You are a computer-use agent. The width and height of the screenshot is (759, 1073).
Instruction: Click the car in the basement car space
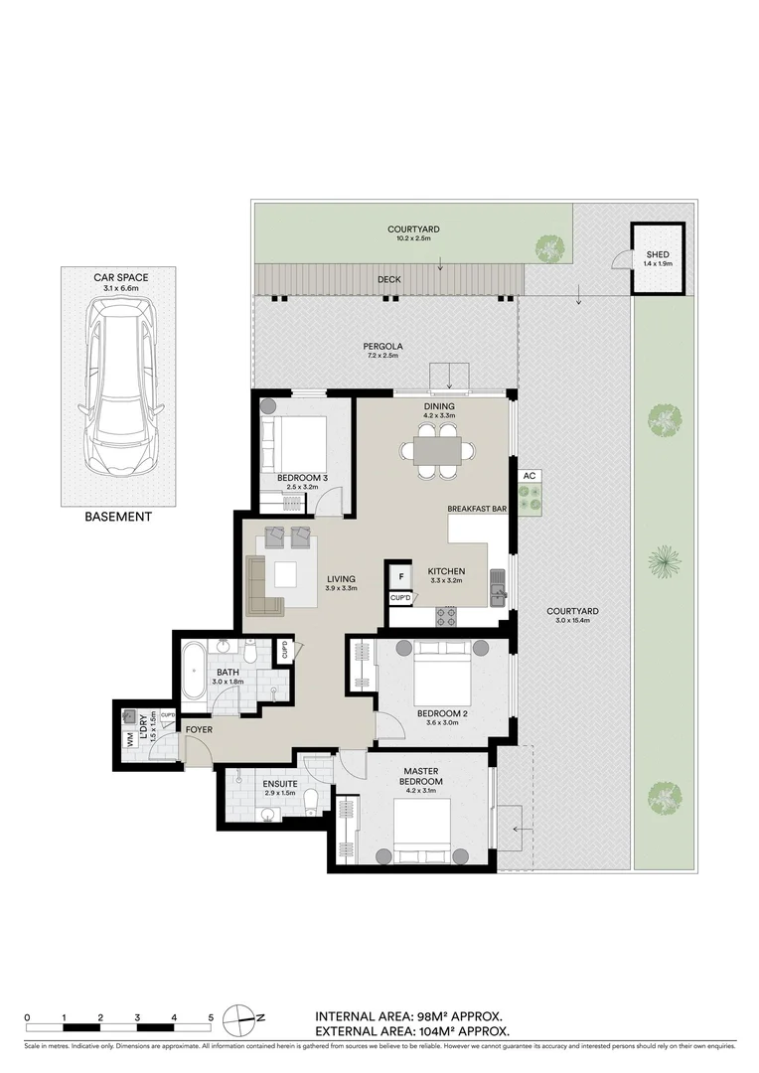point(118,387)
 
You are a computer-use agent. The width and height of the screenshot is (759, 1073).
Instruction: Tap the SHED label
point(657,255)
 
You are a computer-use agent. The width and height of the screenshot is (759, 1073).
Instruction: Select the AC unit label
point(530,476)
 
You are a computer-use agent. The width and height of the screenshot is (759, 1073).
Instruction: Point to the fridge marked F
point(401,575)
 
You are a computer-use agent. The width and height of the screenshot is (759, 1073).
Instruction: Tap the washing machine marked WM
point(130,740)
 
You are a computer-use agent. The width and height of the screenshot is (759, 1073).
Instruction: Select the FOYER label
point(200,730)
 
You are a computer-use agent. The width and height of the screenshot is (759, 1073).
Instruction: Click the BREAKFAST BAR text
point(477,508)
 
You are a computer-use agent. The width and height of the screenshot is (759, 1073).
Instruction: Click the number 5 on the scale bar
point(211,1017)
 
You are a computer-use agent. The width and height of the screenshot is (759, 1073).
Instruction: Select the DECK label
point(388,279)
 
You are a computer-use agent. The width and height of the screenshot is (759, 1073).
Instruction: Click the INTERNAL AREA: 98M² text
point(408,1016)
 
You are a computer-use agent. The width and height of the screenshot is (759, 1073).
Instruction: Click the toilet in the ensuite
point(311,801)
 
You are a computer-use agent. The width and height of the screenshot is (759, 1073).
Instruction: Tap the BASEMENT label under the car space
point(118,517)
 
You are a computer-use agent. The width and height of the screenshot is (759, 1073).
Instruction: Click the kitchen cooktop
point(446,617)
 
